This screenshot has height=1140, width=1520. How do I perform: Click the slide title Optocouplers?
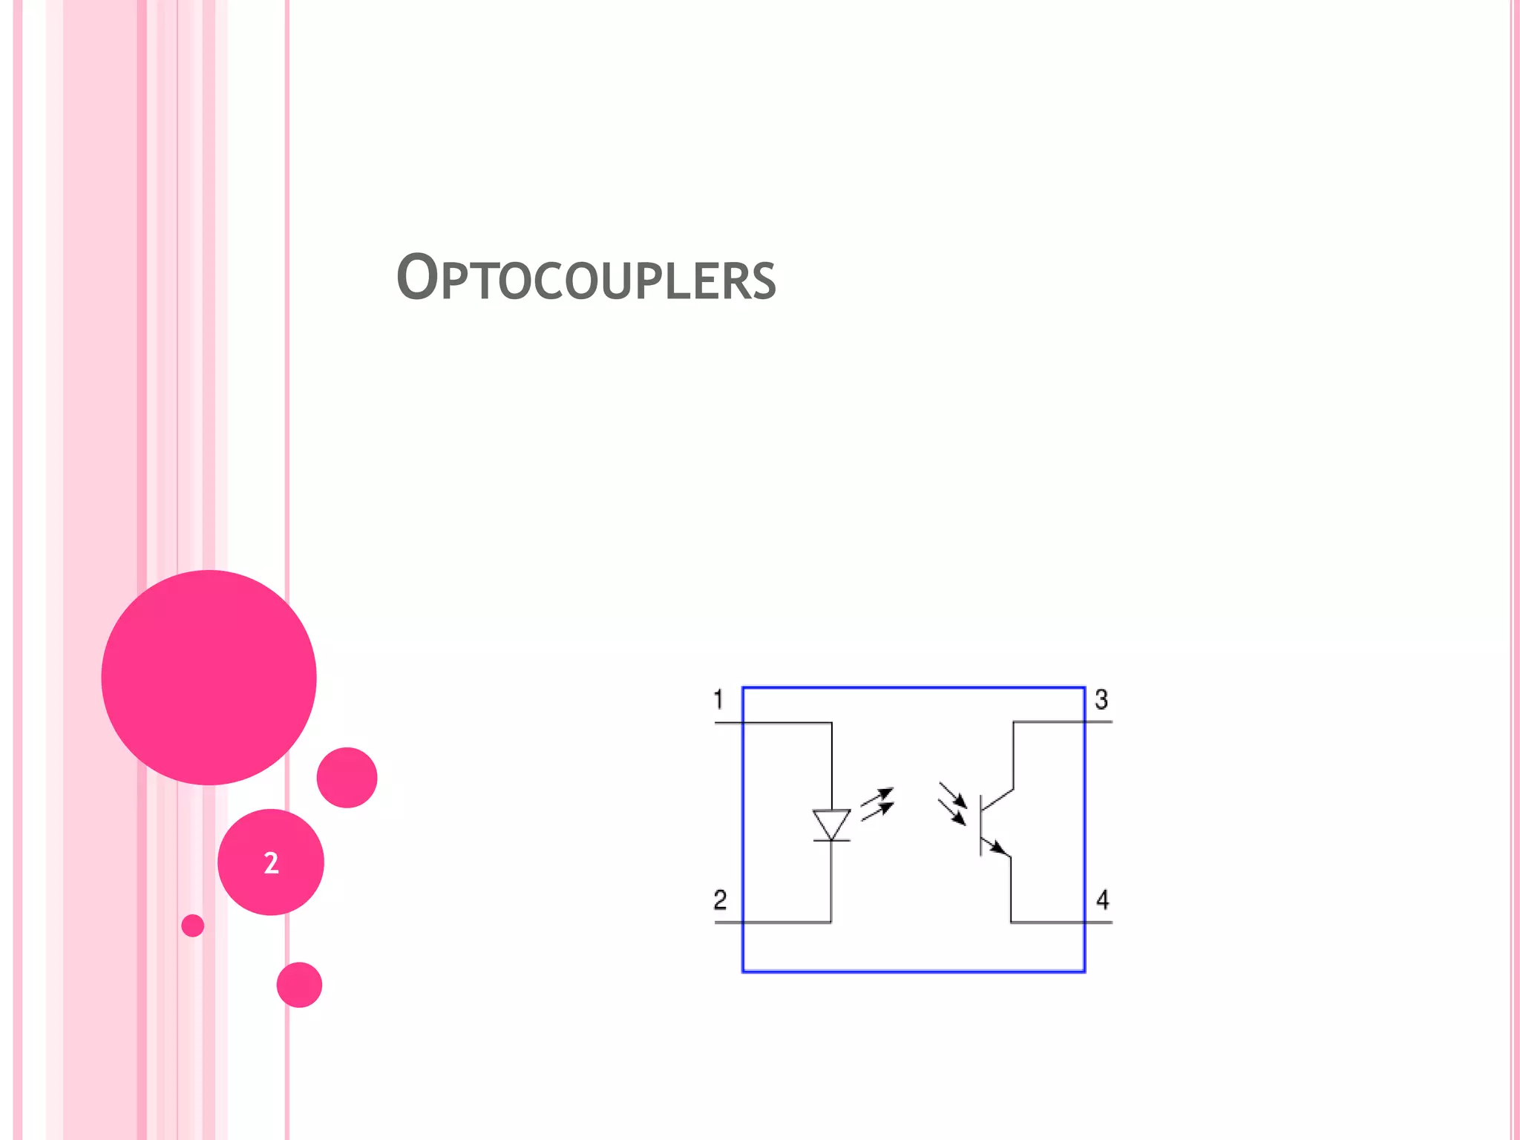tap(586, 278)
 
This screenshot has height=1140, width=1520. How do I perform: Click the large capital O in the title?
tap(417, 277)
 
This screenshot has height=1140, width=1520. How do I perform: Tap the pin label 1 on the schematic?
tap(718, 699)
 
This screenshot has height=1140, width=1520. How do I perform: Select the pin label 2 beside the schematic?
tap(720, 900)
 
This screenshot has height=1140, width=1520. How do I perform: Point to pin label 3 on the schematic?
tap(1101, 699)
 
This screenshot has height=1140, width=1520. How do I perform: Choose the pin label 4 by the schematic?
tap(1103, 900)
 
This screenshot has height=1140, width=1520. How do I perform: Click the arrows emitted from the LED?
tap(877, 805)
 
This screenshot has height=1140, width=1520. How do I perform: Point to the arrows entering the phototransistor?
tap(953, 803)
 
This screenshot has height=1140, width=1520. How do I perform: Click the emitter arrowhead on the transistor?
tap(998, 848)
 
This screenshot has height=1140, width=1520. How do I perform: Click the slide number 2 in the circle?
tap(271, 862)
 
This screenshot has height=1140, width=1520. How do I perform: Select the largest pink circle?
tap(209, 677)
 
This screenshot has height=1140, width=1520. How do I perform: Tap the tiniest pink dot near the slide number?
tap(192, 926)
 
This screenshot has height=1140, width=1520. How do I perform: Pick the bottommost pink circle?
tap(299, 985)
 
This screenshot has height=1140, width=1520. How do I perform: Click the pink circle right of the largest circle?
tap(347, 777)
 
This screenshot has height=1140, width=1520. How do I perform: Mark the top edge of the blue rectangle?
tap(913, 688)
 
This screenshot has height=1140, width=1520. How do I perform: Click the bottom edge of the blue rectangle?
tap(913, 971)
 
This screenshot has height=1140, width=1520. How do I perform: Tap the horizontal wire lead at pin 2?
tap(772, 923)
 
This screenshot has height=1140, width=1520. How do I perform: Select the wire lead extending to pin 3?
tap(1061, 721)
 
